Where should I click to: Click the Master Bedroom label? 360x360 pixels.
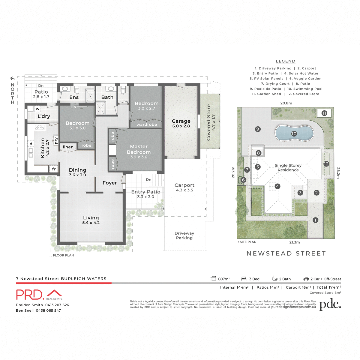coord(139,149)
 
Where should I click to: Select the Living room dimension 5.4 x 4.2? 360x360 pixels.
coord(91,223)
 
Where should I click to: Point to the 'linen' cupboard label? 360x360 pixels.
coord(68,147)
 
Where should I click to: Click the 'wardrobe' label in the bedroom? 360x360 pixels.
coord(146,124)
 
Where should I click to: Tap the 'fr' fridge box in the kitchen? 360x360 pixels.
coord(54,169)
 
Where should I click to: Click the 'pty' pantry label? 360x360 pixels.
coord(56,140)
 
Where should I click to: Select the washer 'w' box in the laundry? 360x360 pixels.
coord(37,109)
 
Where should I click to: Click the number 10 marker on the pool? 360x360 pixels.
coord(294,134)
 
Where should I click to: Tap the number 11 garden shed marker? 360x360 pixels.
coord(324,113)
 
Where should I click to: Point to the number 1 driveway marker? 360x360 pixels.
coord(315,220)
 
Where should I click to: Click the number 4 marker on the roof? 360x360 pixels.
coord(277,186)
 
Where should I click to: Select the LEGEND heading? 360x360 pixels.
coord(286,61)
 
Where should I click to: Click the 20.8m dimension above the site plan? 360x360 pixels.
coord(286,103)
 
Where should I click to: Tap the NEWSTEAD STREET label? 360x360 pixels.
coord(286,253)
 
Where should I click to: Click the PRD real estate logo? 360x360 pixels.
coord(39,295)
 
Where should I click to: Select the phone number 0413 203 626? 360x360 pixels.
coord(57,305)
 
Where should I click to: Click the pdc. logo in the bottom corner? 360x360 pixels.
coord(330,304)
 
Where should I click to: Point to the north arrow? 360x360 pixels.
coord(13,79)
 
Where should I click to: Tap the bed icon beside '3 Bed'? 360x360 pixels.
coord(244,279)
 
